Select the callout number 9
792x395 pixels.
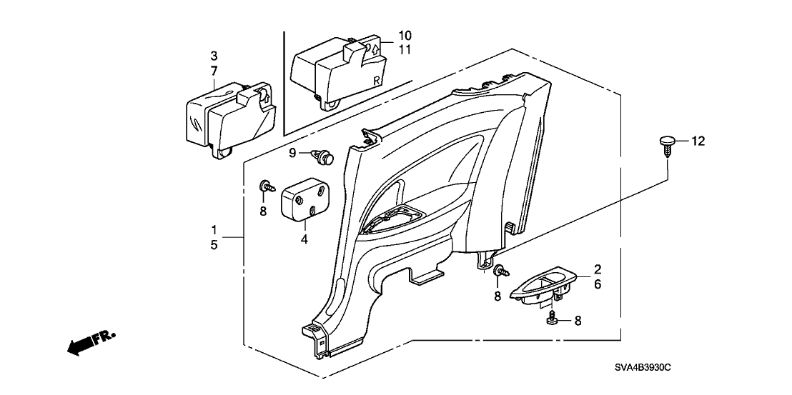(x=292, y=153)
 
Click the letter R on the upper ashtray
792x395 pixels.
(x=375, y=81)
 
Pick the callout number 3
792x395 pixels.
(x=213, y=56)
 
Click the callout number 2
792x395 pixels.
(x=598, y=270)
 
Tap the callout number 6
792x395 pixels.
(x=598, y=284)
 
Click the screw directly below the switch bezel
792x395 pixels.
(x=553, y=318)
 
